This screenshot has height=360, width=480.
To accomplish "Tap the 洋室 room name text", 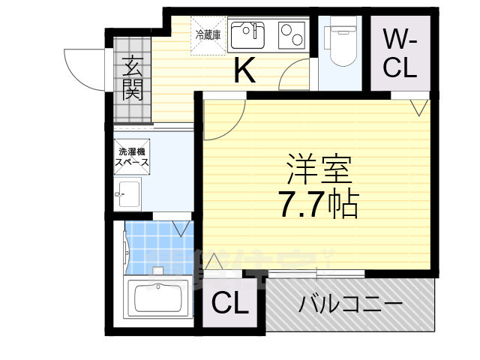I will point(317,169).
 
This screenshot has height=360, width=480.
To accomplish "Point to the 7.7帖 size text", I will point(318,202).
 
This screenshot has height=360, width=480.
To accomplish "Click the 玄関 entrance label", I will point(133,78).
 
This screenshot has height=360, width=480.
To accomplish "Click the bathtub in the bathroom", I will point(160,301).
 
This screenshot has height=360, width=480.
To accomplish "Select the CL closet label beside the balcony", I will point(229,304).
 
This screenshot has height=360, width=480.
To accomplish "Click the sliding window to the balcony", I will point(315,271).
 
